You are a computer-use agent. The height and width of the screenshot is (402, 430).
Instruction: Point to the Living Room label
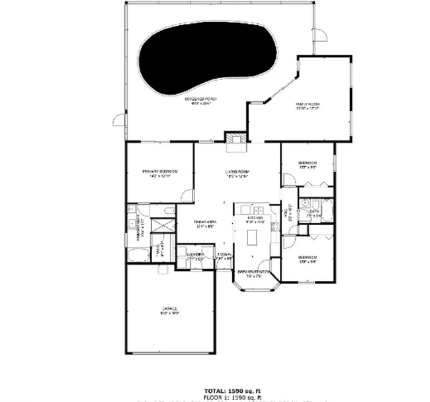[236, 173]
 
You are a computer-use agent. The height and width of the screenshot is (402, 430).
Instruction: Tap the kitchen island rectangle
[252, 236]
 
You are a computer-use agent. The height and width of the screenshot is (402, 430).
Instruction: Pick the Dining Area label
[205, 223]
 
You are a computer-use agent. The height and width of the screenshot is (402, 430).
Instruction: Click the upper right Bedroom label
[307, 164]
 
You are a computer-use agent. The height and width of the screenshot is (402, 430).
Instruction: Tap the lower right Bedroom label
[307, 258]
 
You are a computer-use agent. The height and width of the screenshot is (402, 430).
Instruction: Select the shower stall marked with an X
[162, 225]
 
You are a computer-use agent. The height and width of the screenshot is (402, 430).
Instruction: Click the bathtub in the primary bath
[138, 254]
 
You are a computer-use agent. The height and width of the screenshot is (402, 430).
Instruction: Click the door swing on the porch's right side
[320, 35]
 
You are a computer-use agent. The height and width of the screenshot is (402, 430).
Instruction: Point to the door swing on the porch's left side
[120, 120]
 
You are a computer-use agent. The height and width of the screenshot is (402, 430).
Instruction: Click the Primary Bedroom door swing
[187, 196]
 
